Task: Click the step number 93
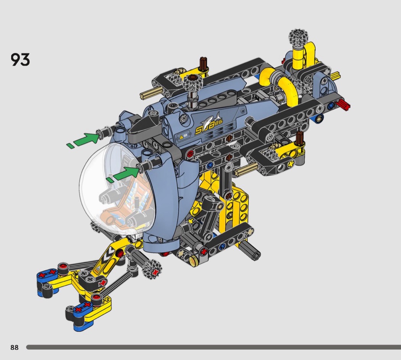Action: (x=20, y=60)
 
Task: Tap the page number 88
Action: (x=15, y=347)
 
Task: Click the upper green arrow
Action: (x=83, y=140)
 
